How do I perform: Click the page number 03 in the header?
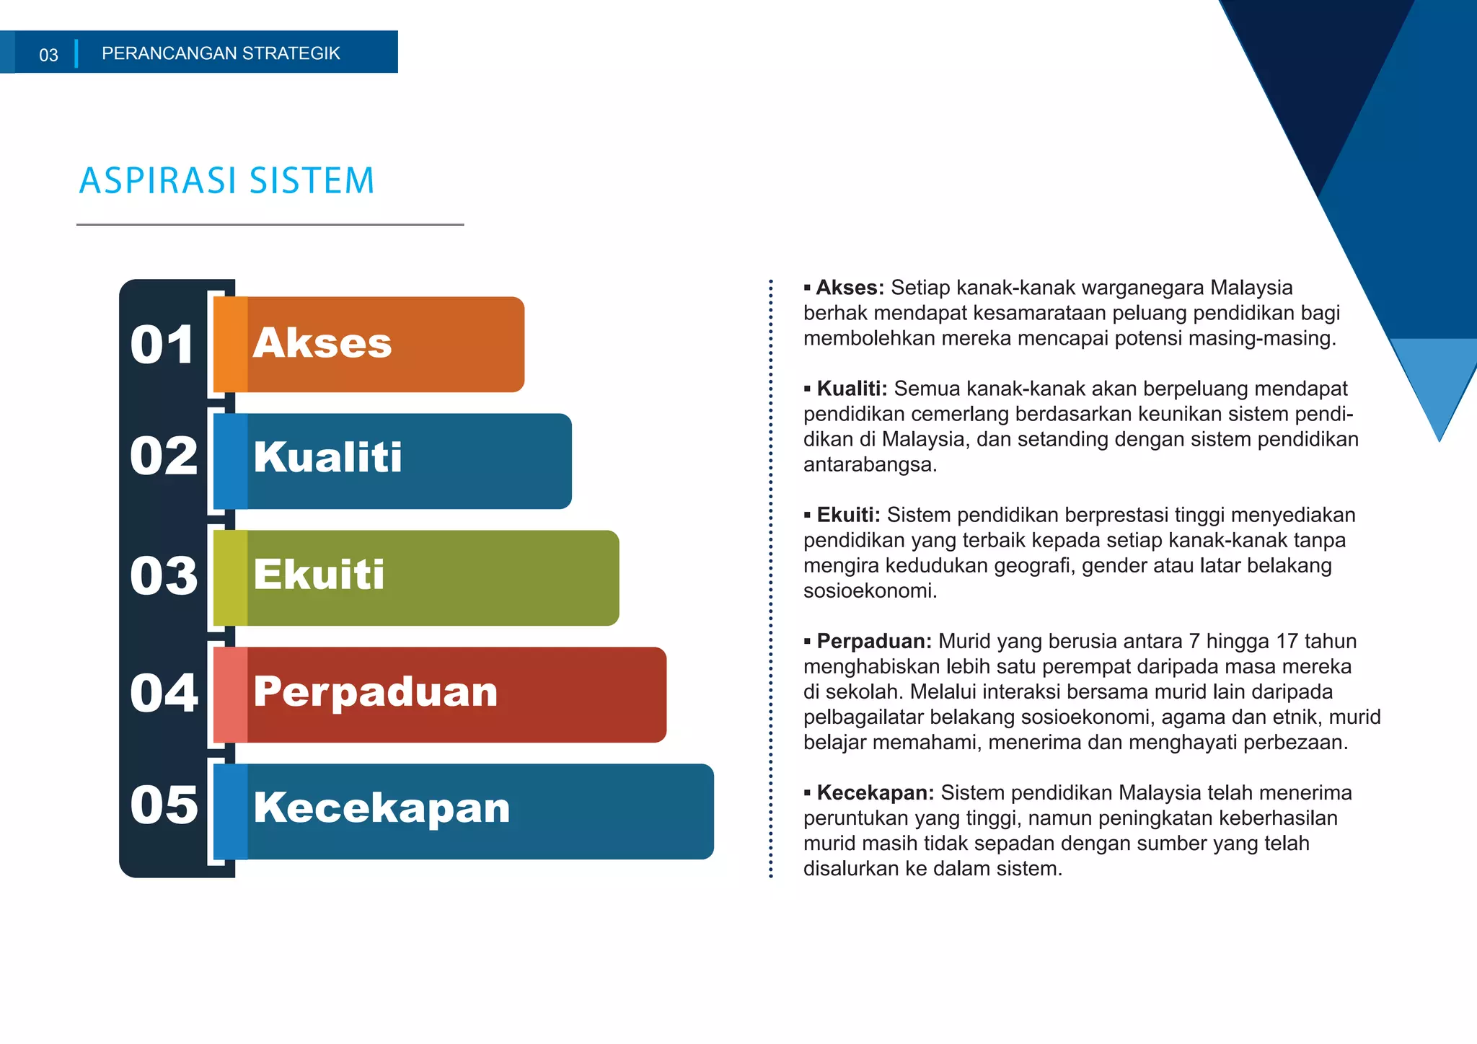pyautogui.click(x=48, y=55)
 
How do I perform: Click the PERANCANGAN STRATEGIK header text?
pyautogui.click(x=221, y=53)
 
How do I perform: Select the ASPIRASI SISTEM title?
pyautogui.click(x=227, y=180)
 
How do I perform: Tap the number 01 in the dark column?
pyautogui.click(x=162, y=345)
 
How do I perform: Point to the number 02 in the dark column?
pyautogui.click(x=164, y=456)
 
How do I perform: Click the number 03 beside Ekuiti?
pyautogui.click(x=164, y=576)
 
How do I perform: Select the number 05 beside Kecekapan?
pyautogui.click(x=164, y=805)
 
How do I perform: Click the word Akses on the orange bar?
pyautogui.click(x=322, y=343)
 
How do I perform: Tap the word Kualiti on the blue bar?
pyautogui.click(x=327, y=457)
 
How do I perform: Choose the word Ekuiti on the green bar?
pyautogui.click(x=319, y=575)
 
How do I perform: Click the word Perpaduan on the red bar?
pyautogui.click(x=375, y=692)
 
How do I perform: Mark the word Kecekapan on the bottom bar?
pyautogui.click(x=382, y=808)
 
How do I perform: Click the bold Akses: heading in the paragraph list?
pyautogui.click(x=850, y=288)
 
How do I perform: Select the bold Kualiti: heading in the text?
pyautogui.click(x=851, y=389)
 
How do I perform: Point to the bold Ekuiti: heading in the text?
pyautogui.click(x=848, y=515)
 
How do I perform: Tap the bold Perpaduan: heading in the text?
pyautogui.click(x=873, y=641)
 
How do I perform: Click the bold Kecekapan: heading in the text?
pyautogui.click(x=875, y=792)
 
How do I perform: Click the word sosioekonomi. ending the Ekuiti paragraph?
pyautogui.click(x=870, y=591)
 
